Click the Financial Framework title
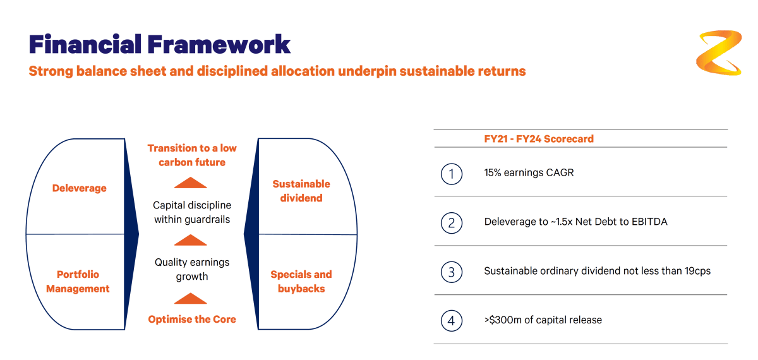coord(160,44)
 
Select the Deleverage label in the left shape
coord(79,188)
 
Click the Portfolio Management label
coord(78,282)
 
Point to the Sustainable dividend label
coord(301,191)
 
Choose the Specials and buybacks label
coord(301,282)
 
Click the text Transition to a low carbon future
coord(192,155)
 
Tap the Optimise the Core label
coord(192,319)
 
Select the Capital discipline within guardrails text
coord(192,212)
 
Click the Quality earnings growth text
coord(192,269)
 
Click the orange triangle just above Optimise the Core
coord(191,298)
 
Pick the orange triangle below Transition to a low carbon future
coord(191,183)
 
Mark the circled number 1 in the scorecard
coord(452,174)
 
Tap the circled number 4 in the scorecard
coord(452,321)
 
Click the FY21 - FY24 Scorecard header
coord(539,139)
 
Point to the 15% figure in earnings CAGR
coord(492,172)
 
